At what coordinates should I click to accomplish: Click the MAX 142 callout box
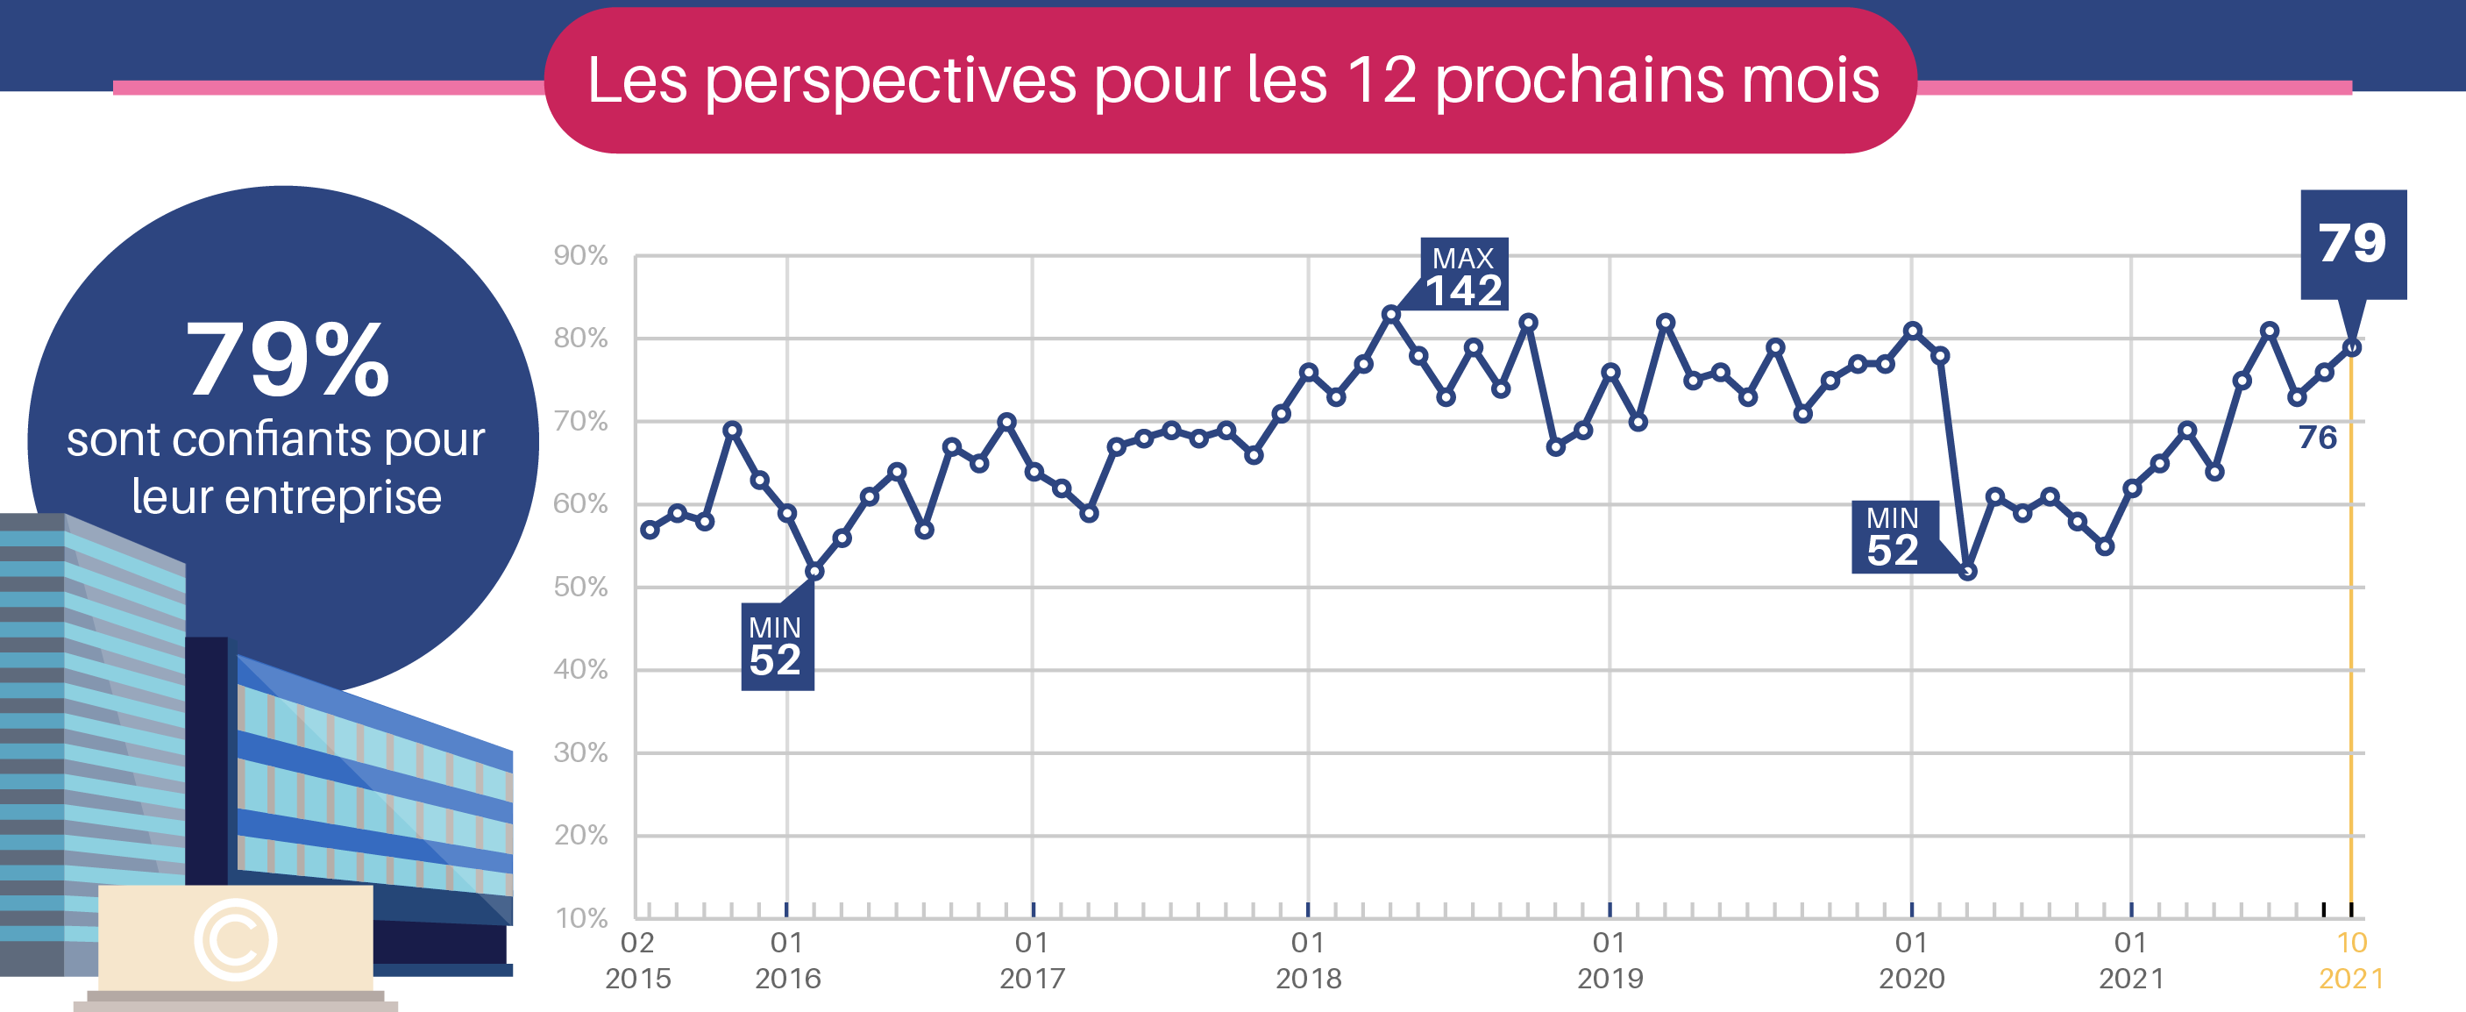point(1464,274)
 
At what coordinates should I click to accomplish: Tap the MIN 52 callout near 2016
point(778,646)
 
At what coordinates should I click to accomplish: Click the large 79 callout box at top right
point(2353,244)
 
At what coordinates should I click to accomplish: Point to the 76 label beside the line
point(2318,438)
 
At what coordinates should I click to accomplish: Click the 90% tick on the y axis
point(580,256)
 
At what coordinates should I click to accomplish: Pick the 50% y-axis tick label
point(580,587)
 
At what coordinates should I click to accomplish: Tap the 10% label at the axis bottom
point(581,919)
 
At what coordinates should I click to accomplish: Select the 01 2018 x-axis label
point(1308,960)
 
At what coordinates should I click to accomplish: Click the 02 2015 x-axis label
point(637,960)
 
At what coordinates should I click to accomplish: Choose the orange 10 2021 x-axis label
point(2351,960)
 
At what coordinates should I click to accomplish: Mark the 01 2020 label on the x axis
point(1912,960)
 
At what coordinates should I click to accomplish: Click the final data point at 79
point(2352,347)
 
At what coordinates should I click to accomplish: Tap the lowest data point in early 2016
point(814,572)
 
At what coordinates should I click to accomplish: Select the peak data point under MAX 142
point(1391,314)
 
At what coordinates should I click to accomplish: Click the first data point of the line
point(650,530)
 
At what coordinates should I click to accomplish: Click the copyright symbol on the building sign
point(236,939)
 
